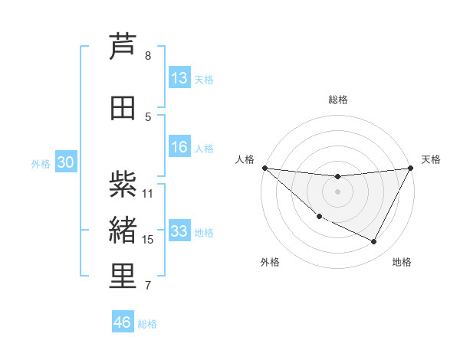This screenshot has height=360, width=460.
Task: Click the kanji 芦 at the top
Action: point(123,47)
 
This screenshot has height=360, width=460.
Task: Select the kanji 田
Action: point(123,108)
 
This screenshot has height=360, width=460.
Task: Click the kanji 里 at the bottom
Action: point(123,277)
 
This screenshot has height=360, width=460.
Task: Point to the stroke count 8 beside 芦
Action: point(148,56)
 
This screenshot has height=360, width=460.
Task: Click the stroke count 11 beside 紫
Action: point(148,193)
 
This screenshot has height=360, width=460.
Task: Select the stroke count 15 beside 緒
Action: point(148,240)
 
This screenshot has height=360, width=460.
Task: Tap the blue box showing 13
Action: point(179,78)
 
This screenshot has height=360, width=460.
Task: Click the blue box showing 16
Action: point(179,147)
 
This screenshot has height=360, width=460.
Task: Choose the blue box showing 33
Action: point(179,231)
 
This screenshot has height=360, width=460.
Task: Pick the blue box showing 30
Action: point(65,162)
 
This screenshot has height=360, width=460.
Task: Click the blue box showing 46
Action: point(123,322)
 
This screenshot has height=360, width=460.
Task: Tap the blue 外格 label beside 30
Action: point(40,164)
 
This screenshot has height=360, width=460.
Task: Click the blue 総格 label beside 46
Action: point(147,324)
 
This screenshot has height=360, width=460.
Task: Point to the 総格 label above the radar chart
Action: point(337,100)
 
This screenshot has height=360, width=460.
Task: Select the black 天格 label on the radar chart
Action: point(431,159)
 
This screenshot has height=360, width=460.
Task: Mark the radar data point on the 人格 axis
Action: point(264,168)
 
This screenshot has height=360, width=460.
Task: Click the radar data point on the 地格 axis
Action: point(374,242)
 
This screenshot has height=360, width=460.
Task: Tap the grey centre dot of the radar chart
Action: point(337,191)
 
